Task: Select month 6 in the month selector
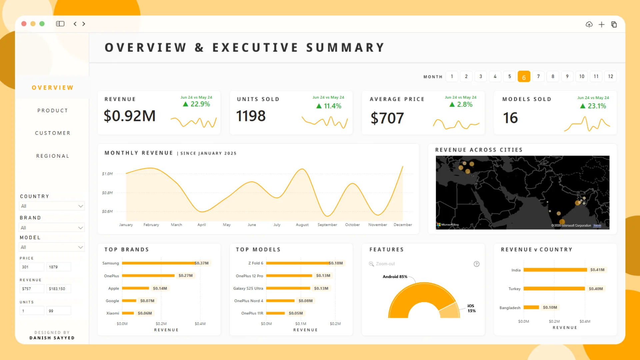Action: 524,77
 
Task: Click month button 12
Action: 610,76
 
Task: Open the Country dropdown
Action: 52,206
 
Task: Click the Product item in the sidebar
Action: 53,110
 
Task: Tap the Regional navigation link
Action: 53,156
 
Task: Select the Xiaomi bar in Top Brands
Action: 128,313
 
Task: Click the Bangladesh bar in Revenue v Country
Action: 531,307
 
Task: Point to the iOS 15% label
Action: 471,308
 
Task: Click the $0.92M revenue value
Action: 130,116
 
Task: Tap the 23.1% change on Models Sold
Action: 597,106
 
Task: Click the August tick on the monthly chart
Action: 302,225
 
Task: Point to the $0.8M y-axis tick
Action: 107,193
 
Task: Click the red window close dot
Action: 24,24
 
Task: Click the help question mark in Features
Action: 477,264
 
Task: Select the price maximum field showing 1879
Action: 58,267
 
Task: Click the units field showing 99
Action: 58,311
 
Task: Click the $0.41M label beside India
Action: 597,270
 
